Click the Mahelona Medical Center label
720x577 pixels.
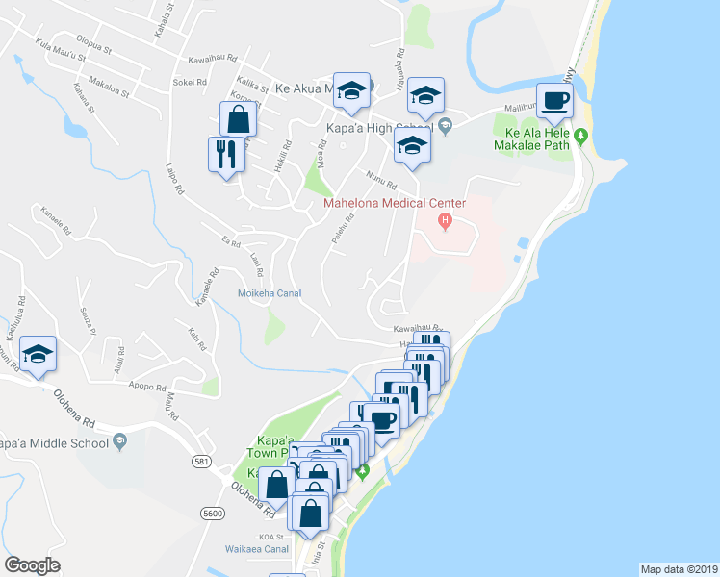click(395, 203)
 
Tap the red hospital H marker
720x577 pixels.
click(445, 223)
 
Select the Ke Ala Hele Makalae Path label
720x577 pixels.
click(533, 138)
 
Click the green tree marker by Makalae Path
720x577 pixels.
click(580, 138)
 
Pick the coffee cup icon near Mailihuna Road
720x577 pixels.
click(554, 100)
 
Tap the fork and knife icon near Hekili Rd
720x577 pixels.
click(225, 154)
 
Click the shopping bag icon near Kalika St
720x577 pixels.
click(238, 120)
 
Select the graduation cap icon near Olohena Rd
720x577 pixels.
click(38, 355)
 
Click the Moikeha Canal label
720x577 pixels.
click(270, 293)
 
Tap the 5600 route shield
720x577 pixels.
click(214, 514)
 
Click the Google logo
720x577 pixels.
click(32, 565)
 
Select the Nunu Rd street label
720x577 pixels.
click(380, 179)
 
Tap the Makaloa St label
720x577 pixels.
click(108, 88)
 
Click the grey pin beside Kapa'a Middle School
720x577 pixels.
click(119, 442)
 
